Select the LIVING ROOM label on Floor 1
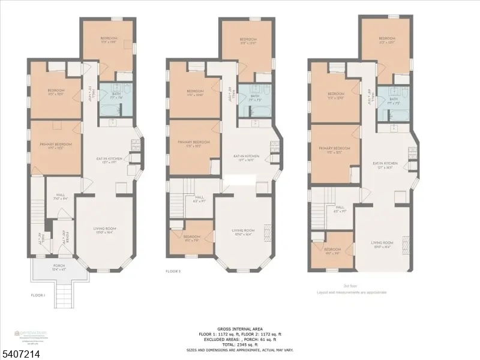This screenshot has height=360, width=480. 104,230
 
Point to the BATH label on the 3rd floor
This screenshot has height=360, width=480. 394,100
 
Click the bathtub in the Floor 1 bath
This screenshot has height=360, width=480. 110,110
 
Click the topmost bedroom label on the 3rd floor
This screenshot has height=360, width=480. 386,39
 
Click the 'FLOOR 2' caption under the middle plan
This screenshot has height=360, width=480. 173,271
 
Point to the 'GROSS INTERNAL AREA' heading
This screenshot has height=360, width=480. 240,329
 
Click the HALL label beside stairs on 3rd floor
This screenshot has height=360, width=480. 340,208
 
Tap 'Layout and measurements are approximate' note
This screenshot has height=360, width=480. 352,292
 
